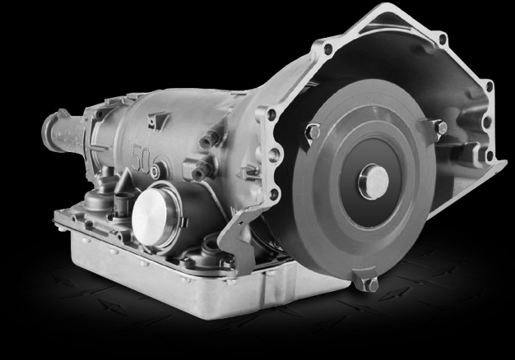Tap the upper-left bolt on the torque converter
pos(312,131)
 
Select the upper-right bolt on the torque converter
pos(438,127)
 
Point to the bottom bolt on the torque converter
pos(369,284)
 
